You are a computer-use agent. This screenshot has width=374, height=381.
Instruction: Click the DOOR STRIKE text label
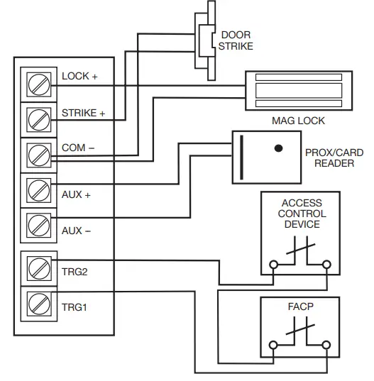236,40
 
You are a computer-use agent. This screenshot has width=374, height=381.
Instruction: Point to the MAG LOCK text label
298,121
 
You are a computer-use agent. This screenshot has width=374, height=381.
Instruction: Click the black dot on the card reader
279,148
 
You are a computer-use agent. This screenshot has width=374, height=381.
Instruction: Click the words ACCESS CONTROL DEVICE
302,213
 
